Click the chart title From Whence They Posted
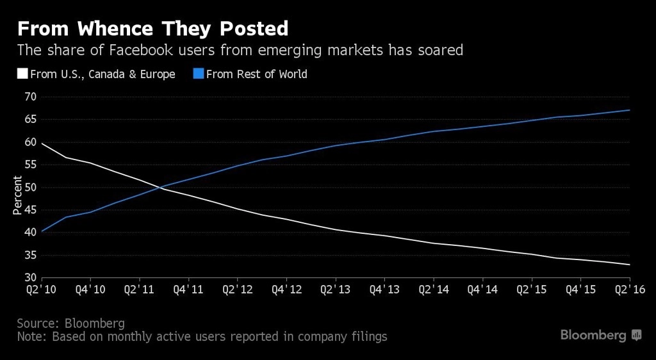tap(152, 29)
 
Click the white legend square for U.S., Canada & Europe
tap(21, 74)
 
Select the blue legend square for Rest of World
tap(198, 74)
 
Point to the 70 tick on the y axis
tap(30, 97)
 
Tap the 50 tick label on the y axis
tap(30, 188)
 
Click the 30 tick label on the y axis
tap(30, 278)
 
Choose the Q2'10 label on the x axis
tap(42, 290)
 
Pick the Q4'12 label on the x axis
tap(286, 290)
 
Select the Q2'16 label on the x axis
tap(630, 290)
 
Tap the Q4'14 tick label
tap(482, 290)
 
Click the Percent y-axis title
tap(17, 199)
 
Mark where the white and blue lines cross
tap(158, 187)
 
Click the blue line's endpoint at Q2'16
tap(630, 110)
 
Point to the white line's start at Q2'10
tap(42, 143)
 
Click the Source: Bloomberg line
tap(70, 322)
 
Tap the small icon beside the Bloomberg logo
tap(637, 335)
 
